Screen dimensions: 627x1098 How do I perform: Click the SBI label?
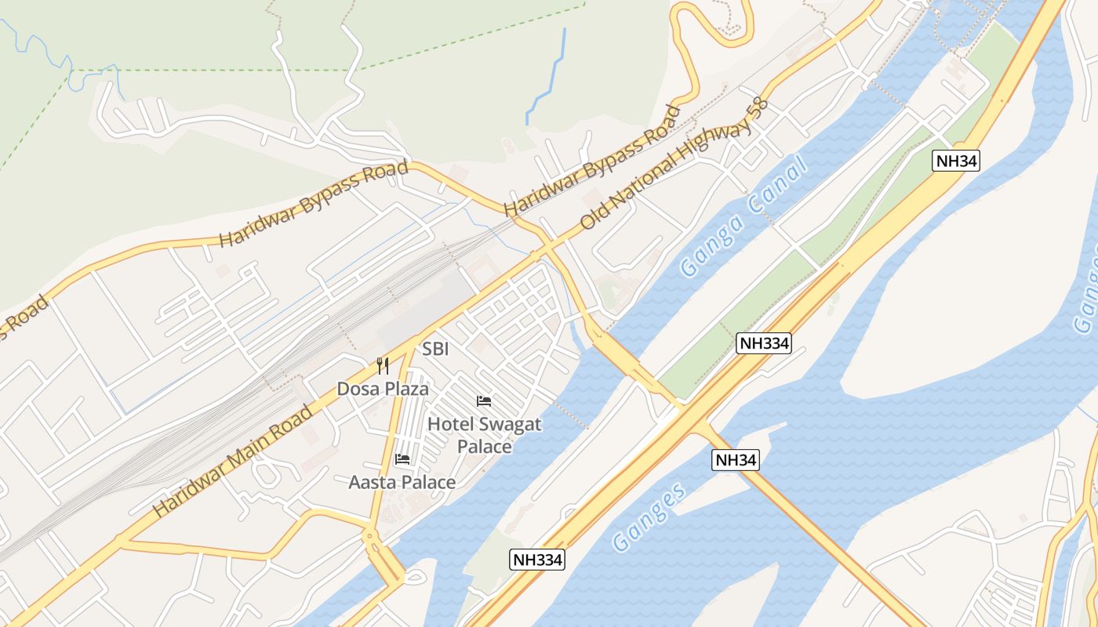(x=435, y=349)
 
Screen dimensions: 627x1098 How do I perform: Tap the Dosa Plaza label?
(x=383, y=389)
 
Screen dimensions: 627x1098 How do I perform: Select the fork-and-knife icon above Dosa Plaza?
(x=383, y=365)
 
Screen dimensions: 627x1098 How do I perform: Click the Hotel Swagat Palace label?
(x=484, y=435)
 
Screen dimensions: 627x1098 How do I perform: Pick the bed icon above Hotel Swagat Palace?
(x=484, y=401)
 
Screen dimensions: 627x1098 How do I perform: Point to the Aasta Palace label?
(x=402, y=482)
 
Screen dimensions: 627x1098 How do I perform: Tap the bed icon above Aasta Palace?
(x=402, y=458)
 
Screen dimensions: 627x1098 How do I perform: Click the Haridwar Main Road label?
(x=232, y=461)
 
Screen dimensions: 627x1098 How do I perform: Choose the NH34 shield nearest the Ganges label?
(x=736, y=460)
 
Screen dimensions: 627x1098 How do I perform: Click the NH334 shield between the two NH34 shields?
(x=763, y=342)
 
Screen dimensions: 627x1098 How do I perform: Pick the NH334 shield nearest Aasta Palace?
(x=537, y=559)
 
